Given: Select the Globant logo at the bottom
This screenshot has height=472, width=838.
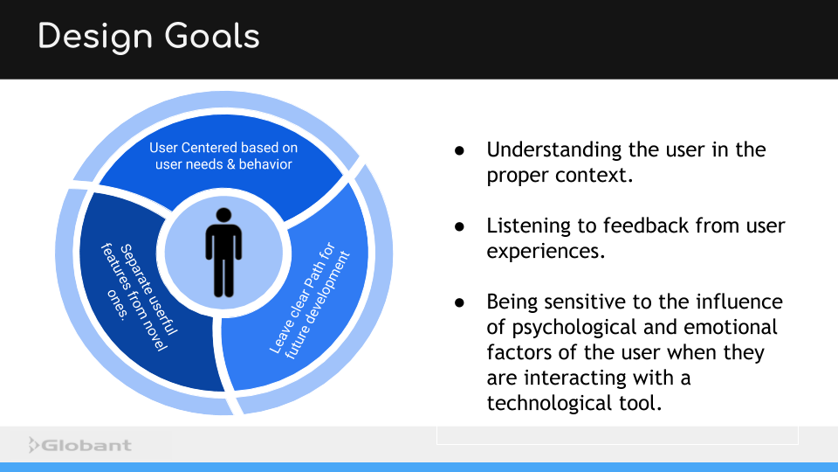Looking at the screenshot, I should [79, 445].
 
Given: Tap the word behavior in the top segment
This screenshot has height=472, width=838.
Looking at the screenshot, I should [265, 163].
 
